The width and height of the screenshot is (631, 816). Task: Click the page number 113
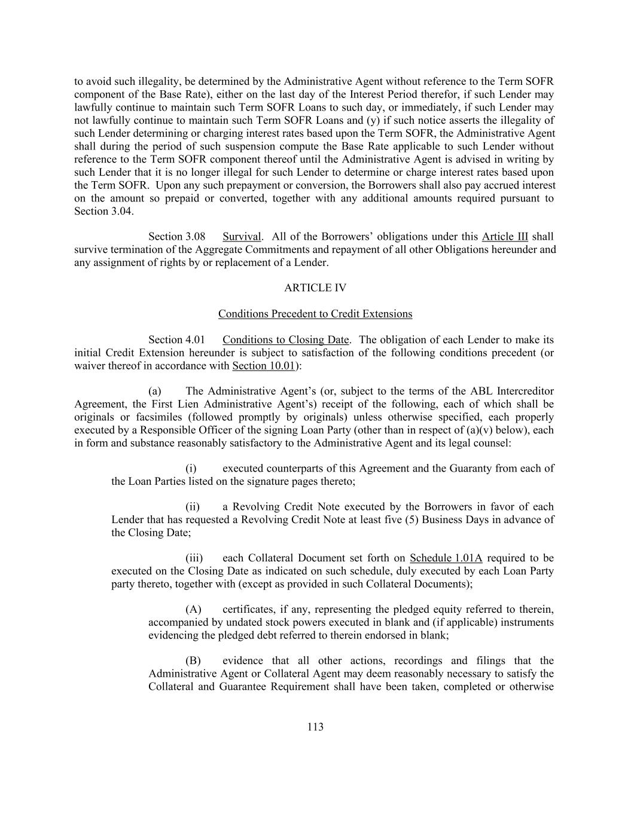(315, 727)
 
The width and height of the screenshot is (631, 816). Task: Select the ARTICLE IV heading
(315, 288)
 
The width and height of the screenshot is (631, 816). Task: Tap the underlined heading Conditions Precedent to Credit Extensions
(315, 314)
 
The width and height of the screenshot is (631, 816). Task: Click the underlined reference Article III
(505, 237)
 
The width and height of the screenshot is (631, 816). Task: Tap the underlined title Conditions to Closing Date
(286, 340)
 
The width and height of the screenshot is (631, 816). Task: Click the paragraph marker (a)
(155, 392)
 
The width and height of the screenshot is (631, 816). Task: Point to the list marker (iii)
(193, 558)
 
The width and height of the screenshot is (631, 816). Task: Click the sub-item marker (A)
(193, 610)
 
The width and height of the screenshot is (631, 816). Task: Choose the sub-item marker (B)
(193, 661)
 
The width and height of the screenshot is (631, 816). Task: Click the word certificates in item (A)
(249, 610)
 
